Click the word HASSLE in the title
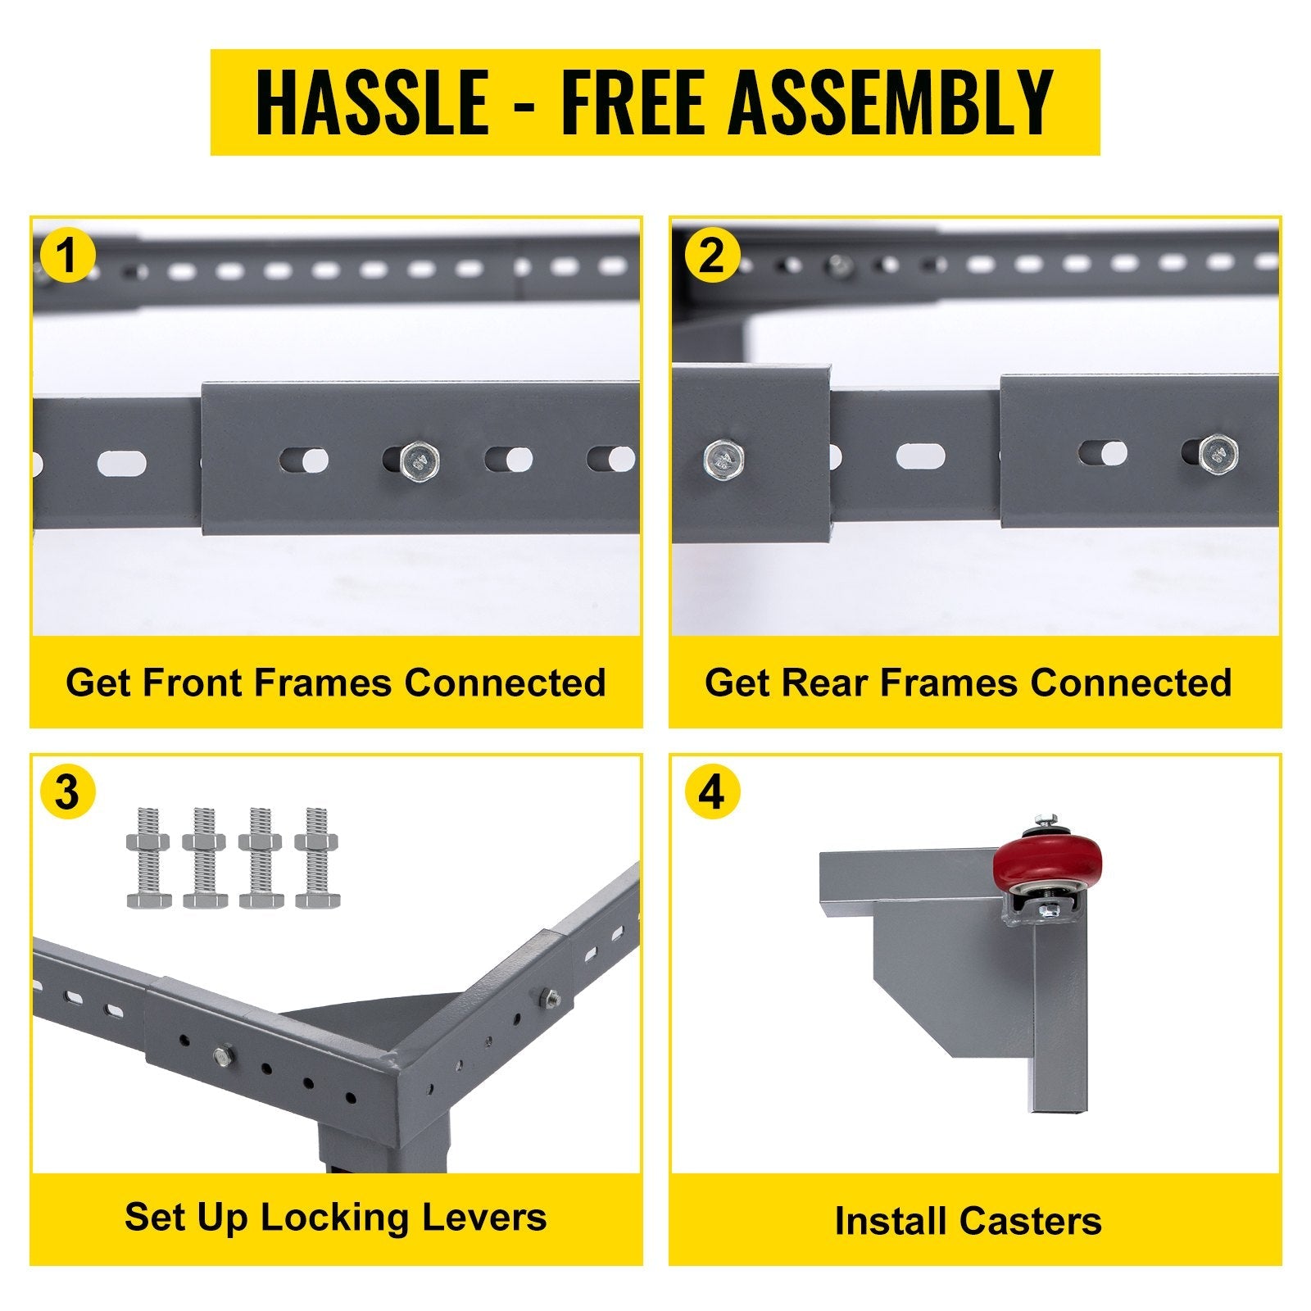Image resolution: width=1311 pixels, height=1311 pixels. point(372,102)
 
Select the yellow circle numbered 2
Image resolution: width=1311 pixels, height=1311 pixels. point(712,256)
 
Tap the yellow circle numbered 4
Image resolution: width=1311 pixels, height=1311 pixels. point(712,793)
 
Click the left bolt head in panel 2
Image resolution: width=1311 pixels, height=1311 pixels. point(724,458)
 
